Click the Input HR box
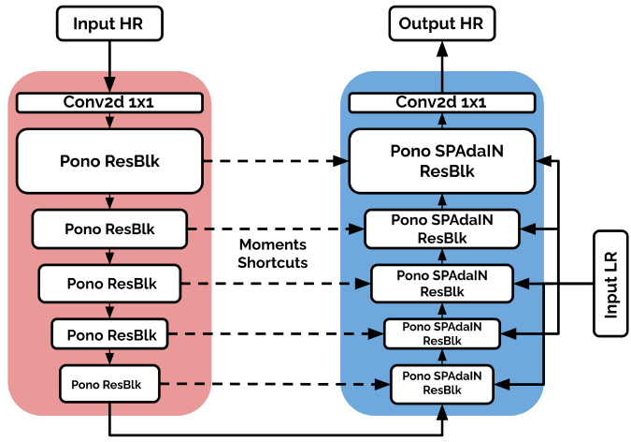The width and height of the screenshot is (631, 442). [109, 23]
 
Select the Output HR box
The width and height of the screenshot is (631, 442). [442, 23]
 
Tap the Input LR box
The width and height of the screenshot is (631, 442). [610, 284]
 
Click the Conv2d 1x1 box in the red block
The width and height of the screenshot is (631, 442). [109, 102]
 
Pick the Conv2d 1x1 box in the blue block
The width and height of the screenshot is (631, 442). [442, 102]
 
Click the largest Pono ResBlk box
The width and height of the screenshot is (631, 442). [109, 161]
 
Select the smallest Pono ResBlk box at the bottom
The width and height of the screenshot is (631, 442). [109, 384]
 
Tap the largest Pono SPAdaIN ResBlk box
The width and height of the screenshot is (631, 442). [442, 161]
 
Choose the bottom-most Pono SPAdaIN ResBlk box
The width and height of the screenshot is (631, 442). [442, 384]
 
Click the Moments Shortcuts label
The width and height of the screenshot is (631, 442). [273, 253]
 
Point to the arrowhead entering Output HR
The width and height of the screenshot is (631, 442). [442, 50]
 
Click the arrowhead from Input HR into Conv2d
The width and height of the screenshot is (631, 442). [109, 84]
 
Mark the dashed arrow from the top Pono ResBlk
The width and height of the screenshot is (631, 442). [276, 161]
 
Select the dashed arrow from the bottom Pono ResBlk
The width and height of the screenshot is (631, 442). [275, 384]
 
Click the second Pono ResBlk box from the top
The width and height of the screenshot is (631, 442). [109, 228]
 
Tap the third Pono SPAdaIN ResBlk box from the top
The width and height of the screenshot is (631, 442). [442, 283]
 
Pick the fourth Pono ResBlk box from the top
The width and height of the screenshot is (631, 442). [109, 334]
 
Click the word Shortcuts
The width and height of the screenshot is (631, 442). [273, 262]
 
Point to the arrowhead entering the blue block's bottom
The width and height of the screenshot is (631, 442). [442, 412]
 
